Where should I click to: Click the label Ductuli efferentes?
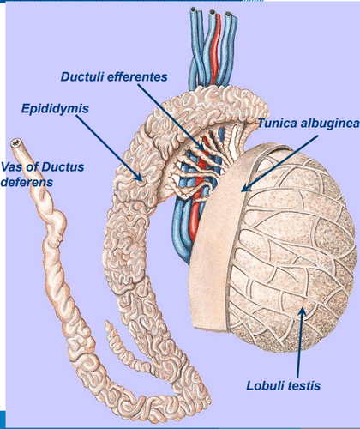pos(114,76)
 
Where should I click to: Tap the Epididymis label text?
pos(55,109)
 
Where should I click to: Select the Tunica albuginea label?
pos(309,124)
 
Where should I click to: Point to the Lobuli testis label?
pos(283,385)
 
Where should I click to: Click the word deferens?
pos(27,182)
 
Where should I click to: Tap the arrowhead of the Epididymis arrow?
pos(139,178)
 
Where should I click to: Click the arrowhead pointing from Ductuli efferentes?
pos(201,147)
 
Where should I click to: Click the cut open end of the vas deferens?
pos(15,142)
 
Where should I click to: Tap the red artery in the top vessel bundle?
pos(216,49)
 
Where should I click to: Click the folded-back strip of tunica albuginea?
pos(217,229)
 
